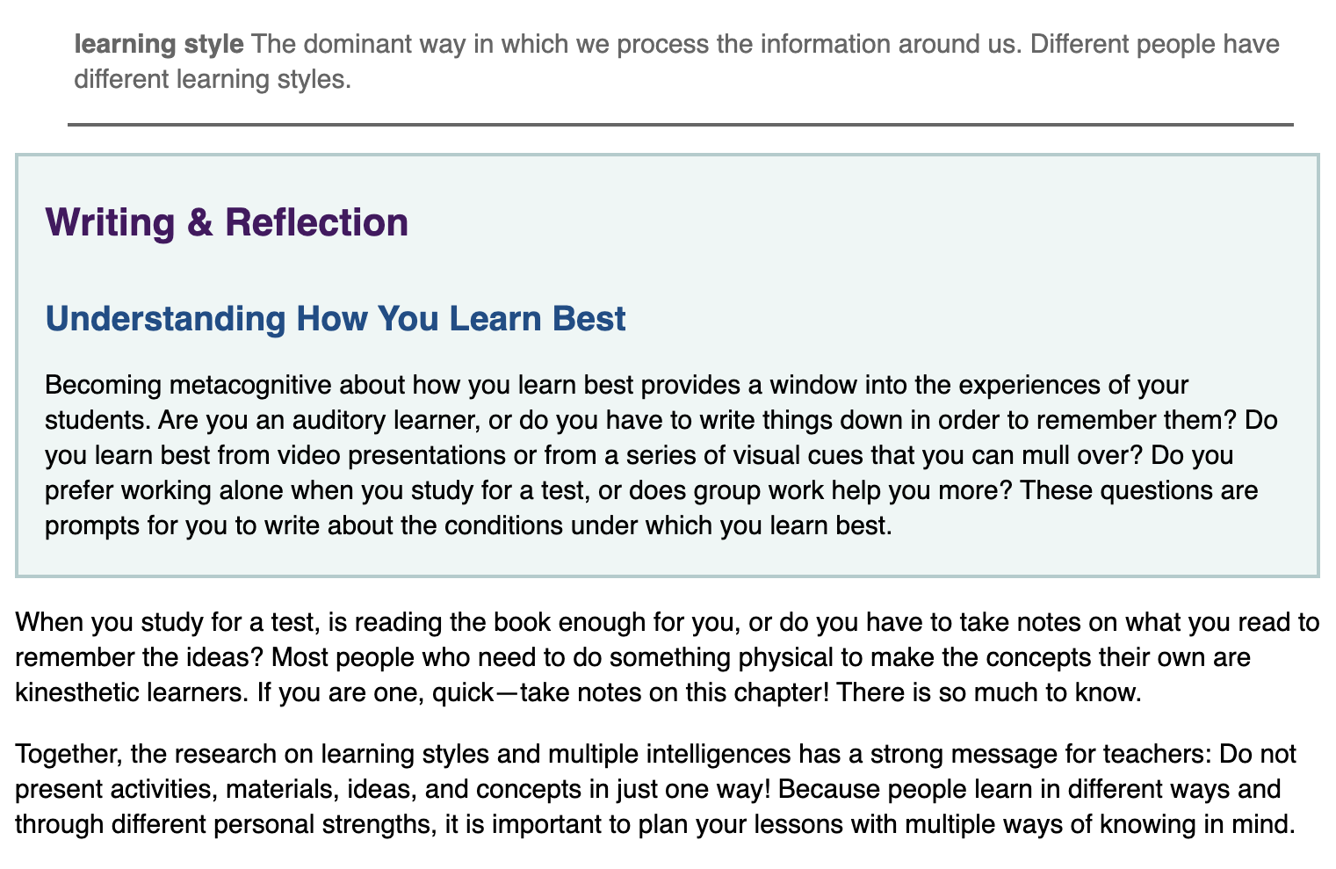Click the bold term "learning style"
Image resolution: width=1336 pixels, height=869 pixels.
159,45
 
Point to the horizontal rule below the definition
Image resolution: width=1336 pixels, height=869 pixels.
681,125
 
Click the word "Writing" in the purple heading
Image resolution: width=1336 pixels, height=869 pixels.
111,223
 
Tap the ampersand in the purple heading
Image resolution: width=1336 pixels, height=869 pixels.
199,222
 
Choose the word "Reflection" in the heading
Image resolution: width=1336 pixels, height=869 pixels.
317,222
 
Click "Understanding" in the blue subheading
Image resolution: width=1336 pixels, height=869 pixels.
165,318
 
